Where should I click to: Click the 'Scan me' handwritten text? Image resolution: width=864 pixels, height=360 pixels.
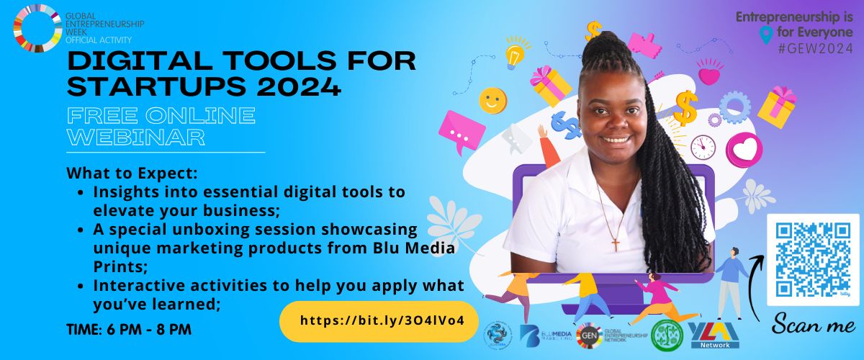tap(814, 325)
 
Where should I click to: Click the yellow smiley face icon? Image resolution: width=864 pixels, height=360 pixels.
tap(493, 100)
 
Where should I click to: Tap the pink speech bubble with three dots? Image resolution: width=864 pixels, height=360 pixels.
tap(461, 132)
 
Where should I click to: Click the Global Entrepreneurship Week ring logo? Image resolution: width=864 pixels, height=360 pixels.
tap(37, 28)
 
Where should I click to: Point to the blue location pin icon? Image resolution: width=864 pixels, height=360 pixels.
tap(766, 34)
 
